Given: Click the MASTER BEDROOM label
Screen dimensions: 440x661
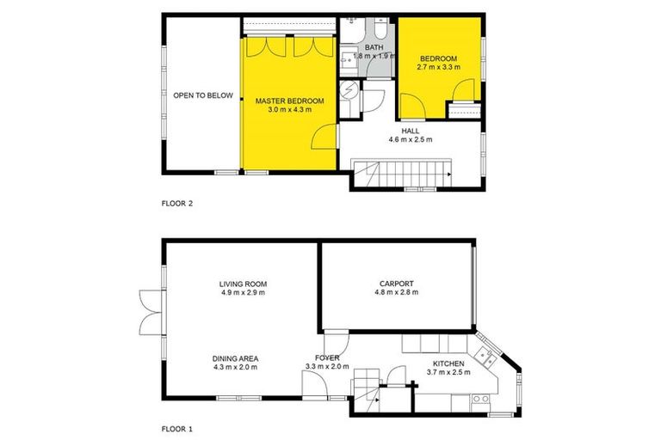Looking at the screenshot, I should pyautogui.click(x=289, y=101).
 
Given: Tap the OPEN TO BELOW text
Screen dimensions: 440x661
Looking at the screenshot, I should pyautogui.click(x=203, y=95).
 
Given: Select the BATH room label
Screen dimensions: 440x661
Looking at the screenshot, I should pyautogui.click(x=374, y=48).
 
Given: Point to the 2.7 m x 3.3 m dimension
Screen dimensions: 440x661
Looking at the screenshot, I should pyautogui.click(x=438, y=67).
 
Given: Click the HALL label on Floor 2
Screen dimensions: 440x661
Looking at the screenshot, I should pyautogui.click(x=411, y=130).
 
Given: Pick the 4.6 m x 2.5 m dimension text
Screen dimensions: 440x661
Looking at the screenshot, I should pyautogui.click(x=411, y=139).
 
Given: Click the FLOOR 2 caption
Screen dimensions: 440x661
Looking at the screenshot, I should pyautogui.click(x=177, y=204).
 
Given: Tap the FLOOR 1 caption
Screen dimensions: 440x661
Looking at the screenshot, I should pyautogui.click(x=177, y=426).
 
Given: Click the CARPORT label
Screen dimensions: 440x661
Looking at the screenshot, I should pyautogui.click(x=397, y=284).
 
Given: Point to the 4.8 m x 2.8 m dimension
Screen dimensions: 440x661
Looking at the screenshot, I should pyautogui.click(x=397, y=293).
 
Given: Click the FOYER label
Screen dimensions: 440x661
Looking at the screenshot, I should pyautogui.click(x=326, y=358).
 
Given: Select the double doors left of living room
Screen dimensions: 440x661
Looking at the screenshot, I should pyautogui.click(x=147, y=310).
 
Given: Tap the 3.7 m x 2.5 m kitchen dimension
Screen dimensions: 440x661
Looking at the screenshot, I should pyautogui.click(x=448, y=374).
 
